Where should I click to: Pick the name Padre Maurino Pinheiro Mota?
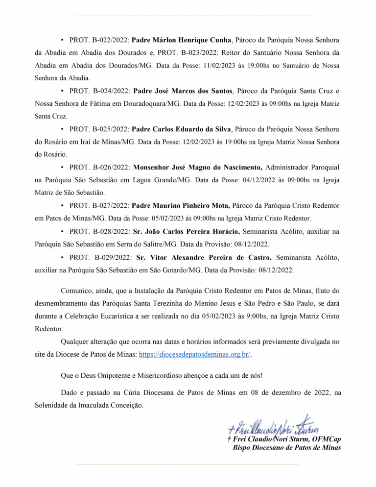coord(182,206)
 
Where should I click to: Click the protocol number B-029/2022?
coord(110,257)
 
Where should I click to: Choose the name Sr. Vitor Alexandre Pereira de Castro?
coord(202,257)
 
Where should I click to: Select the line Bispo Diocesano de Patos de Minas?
coord(287,448)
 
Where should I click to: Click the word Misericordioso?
coord(185,376)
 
